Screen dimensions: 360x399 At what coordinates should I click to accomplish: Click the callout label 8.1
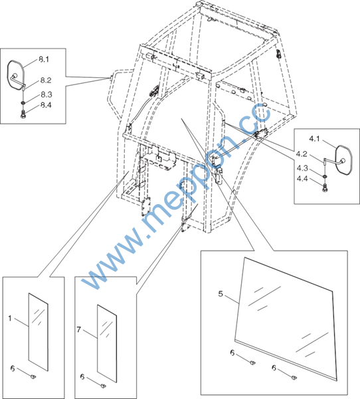44,59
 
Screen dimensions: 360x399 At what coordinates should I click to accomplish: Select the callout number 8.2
46,80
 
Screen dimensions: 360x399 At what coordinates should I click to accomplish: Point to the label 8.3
46,94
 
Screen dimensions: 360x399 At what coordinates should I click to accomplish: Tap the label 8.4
46,105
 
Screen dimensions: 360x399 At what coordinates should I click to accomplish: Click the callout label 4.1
314,139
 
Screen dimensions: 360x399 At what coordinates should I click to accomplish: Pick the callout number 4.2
302,154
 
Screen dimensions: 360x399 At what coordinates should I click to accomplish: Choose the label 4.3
302,168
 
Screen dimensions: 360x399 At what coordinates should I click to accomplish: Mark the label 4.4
302,179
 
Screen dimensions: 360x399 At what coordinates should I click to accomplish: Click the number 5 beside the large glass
221,294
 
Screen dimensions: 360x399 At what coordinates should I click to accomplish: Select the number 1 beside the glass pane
10,319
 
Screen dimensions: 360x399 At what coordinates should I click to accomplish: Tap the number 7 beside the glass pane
78,330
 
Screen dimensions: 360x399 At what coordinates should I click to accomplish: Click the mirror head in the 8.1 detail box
15,75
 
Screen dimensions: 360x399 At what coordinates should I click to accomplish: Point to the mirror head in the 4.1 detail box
344,160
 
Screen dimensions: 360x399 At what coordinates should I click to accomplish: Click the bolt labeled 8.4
23,114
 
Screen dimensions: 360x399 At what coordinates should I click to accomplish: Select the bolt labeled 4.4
325,188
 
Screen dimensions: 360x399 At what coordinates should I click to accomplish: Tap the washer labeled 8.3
23,103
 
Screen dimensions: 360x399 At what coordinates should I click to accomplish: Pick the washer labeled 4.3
325,177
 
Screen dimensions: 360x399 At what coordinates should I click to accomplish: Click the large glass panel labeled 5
285,318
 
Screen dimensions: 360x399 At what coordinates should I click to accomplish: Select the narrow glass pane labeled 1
39,332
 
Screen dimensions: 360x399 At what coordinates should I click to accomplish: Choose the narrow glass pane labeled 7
107,344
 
